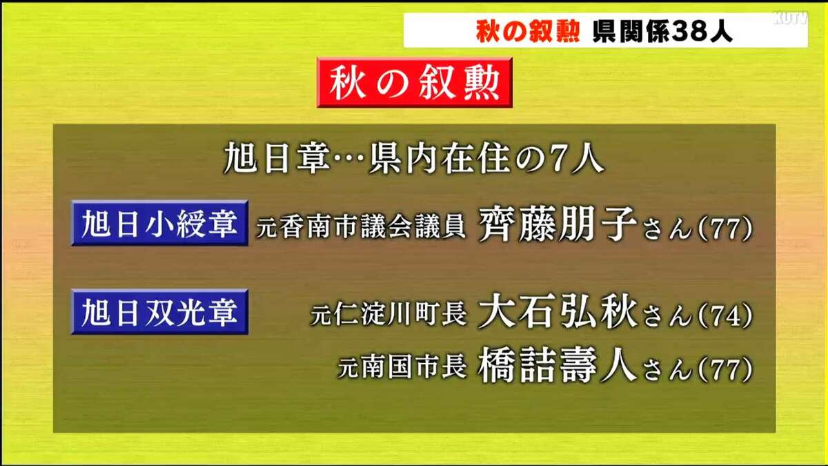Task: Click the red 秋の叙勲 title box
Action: tap(414, 83)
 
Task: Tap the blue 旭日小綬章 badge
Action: tap(159, 224)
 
